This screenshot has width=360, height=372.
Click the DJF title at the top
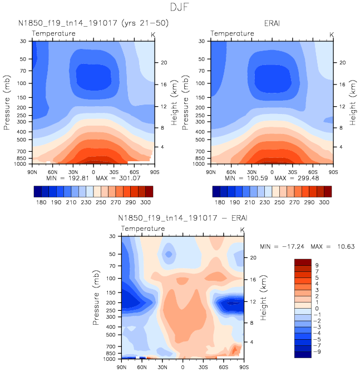tap(179, 7)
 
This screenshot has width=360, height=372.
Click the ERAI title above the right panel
tap(272, 23)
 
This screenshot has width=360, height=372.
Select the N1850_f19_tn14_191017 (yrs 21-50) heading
tap(93, 23)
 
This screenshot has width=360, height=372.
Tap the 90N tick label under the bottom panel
tap(121, 368)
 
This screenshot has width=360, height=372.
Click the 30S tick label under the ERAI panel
tap(292, 172)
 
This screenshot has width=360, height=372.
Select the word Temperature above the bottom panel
tap(143, 229)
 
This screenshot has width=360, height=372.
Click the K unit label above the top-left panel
tap(153, 34)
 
